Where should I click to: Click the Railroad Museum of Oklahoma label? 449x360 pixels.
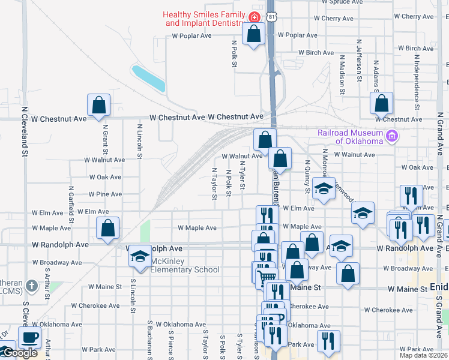(351, 137)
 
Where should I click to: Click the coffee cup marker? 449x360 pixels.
(29, 337)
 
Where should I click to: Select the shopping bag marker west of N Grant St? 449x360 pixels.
(99, 105)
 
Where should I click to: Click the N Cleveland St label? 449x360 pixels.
(25, 132)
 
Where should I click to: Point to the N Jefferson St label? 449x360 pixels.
(359, 61)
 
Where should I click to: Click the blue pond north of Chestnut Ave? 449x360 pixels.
(148, 79)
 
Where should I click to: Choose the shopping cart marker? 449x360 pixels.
(266, 278)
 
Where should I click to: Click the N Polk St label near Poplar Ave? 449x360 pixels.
(234, 53)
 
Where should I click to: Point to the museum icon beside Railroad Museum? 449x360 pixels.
(392, 136)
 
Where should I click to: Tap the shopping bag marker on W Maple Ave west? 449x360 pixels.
(107, 228)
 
